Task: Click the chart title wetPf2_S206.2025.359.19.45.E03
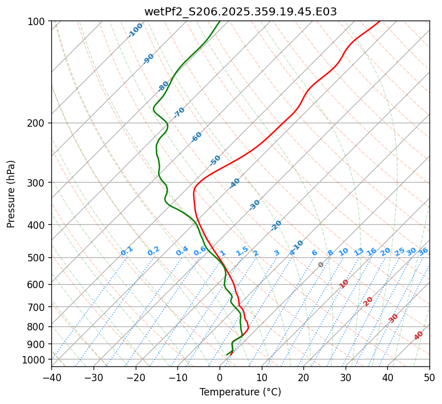tap(240, 11)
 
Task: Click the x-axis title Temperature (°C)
tap(240, 392)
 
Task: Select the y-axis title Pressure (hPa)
tap(11, 193)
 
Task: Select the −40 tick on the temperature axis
tap(51, 377)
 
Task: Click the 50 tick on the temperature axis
tap(429, 377)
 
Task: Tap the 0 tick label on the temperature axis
tap(220, 377)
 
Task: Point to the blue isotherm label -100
tap(135, 30)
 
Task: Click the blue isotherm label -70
tap(179, 112)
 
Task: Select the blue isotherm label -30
tap(254, 205)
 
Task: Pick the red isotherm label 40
tap(419, 336)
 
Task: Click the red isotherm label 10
tap(344, 284)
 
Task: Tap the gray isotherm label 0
tap(321, 265)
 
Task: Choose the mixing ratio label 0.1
tap(127, 251)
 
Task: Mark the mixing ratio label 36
tap(423, 251)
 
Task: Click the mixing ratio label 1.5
tap(242, 251)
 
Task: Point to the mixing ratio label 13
tap(359, 252)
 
